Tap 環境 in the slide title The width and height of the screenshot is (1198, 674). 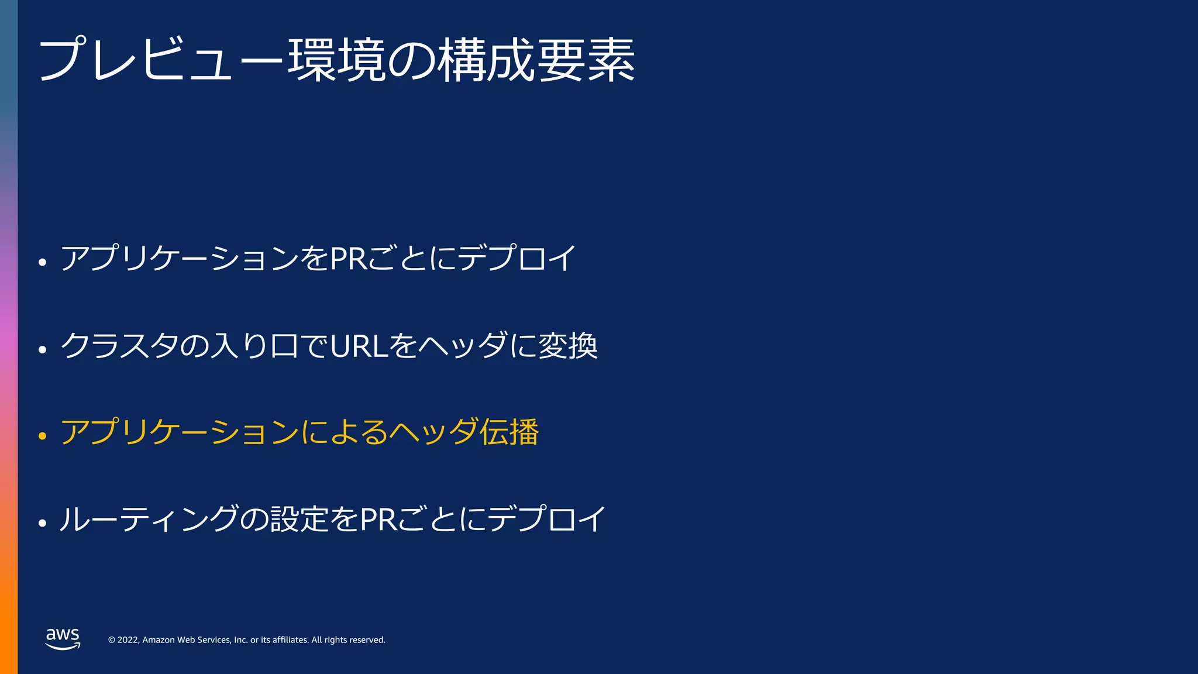[x=336, y=60]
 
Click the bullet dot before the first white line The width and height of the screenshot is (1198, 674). [x=42, y=262]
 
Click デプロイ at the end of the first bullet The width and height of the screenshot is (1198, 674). [x=517, y=258]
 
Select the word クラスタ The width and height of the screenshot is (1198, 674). [x=119, y=345]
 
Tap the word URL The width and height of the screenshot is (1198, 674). [x=359, y=346]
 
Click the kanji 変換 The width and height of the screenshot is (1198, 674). [x=567, y=345]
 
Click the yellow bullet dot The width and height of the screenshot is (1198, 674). [x=42, y=436]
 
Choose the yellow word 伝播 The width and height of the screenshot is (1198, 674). [x=509, y=432]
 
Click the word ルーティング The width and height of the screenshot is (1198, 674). [x=149, y=519]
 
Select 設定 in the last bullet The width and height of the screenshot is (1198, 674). [x=299, y=519]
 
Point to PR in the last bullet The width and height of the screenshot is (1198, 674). [x=378, y=519]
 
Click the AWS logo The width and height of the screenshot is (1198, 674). [x=63, y=638]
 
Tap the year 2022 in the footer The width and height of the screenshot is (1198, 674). [x=128, y=640]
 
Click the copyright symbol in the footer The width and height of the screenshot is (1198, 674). [x=112, y=640]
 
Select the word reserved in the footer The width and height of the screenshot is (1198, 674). [x=366, y=640]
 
